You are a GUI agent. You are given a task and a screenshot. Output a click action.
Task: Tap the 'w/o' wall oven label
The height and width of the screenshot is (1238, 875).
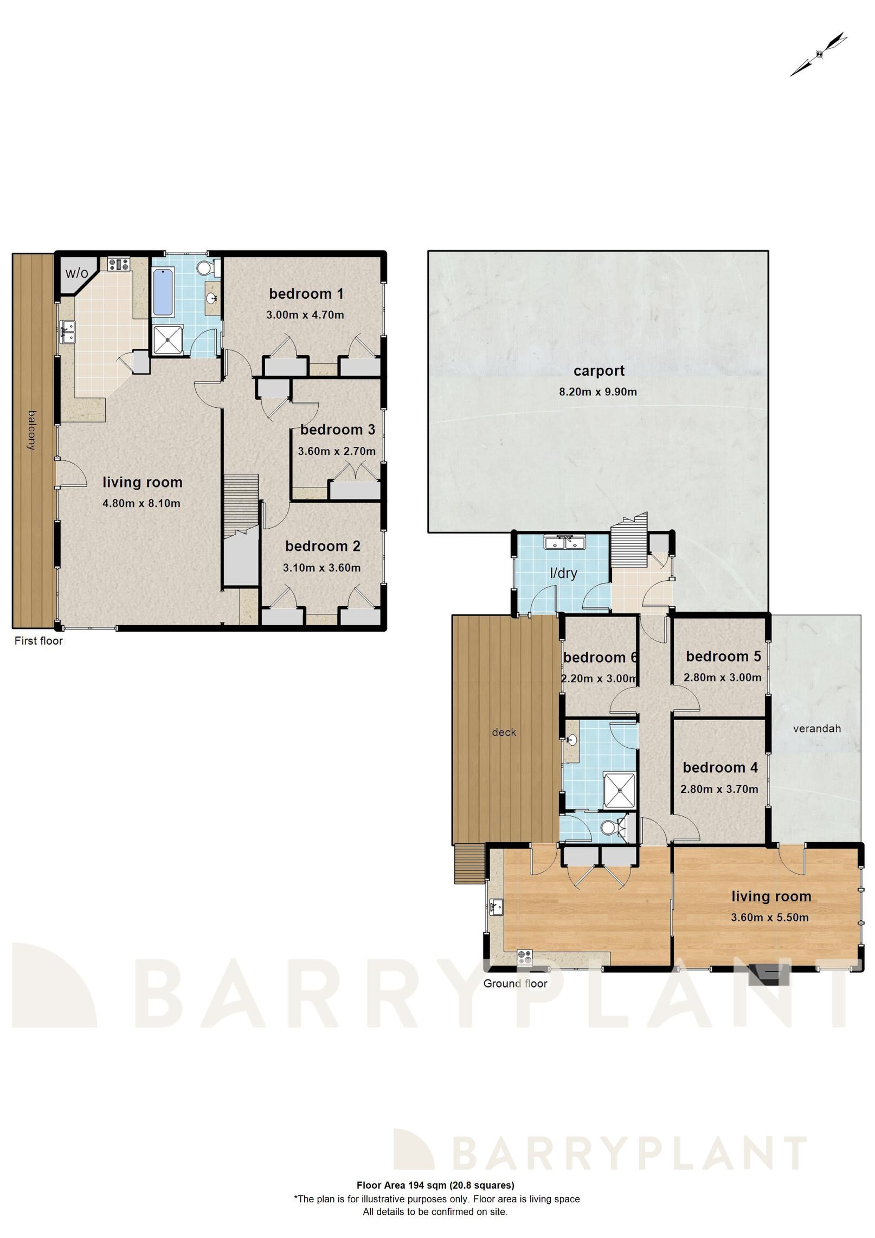[x=76, y=273]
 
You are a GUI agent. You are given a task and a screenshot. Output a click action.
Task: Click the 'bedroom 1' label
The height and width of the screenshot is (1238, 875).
[x=306, y=294]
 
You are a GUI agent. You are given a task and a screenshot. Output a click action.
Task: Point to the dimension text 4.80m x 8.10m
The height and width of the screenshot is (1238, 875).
[x=141, y=503]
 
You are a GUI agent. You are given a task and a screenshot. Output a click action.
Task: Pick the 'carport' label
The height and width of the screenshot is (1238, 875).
[x=599, y=371]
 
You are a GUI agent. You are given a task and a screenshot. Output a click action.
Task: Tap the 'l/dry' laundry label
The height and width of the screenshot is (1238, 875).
[x=563, y=573]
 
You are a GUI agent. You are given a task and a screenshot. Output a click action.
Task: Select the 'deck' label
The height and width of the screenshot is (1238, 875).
[x=504, y=733]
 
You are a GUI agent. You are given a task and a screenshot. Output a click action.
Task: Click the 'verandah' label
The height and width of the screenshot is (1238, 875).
[x=816, y=728]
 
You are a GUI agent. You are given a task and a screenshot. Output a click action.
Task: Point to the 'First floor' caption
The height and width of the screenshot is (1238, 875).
[x=38, y=641]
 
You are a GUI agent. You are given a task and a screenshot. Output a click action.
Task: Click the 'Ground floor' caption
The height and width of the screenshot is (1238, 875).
[x=515, y=984]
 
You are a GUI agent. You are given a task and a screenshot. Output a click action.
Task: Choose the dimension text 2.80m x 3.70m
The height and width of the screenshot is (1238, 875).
[x=719, y=789]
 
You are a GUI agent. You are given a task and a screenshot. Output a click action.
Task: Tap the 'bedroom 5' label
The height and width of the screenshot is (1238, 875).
[x=723, y=656]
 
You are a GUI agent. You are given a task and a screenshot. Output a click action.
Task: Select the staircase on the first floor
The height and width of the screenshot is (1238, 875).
[x=241, y=504]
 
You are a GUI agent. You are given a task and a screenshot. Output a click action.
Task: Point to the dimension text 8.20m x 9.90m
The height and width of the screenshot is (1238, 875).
[x=598, y=392]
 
